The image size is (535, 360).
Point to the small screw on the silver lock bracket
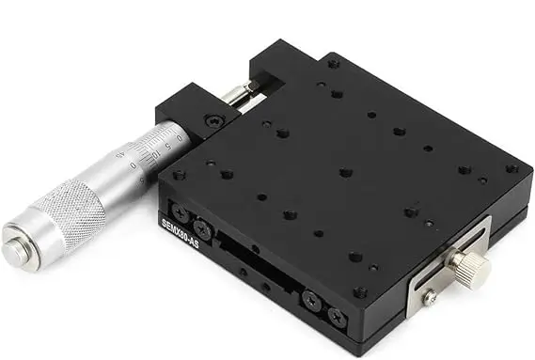coord(429,298)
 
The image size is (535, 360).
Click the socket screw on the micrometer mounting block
coord(214,120)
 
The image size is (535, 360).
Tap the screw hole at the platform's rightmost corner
coord(511,169)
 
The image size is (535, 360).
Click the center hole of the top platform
coord(345,173)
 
